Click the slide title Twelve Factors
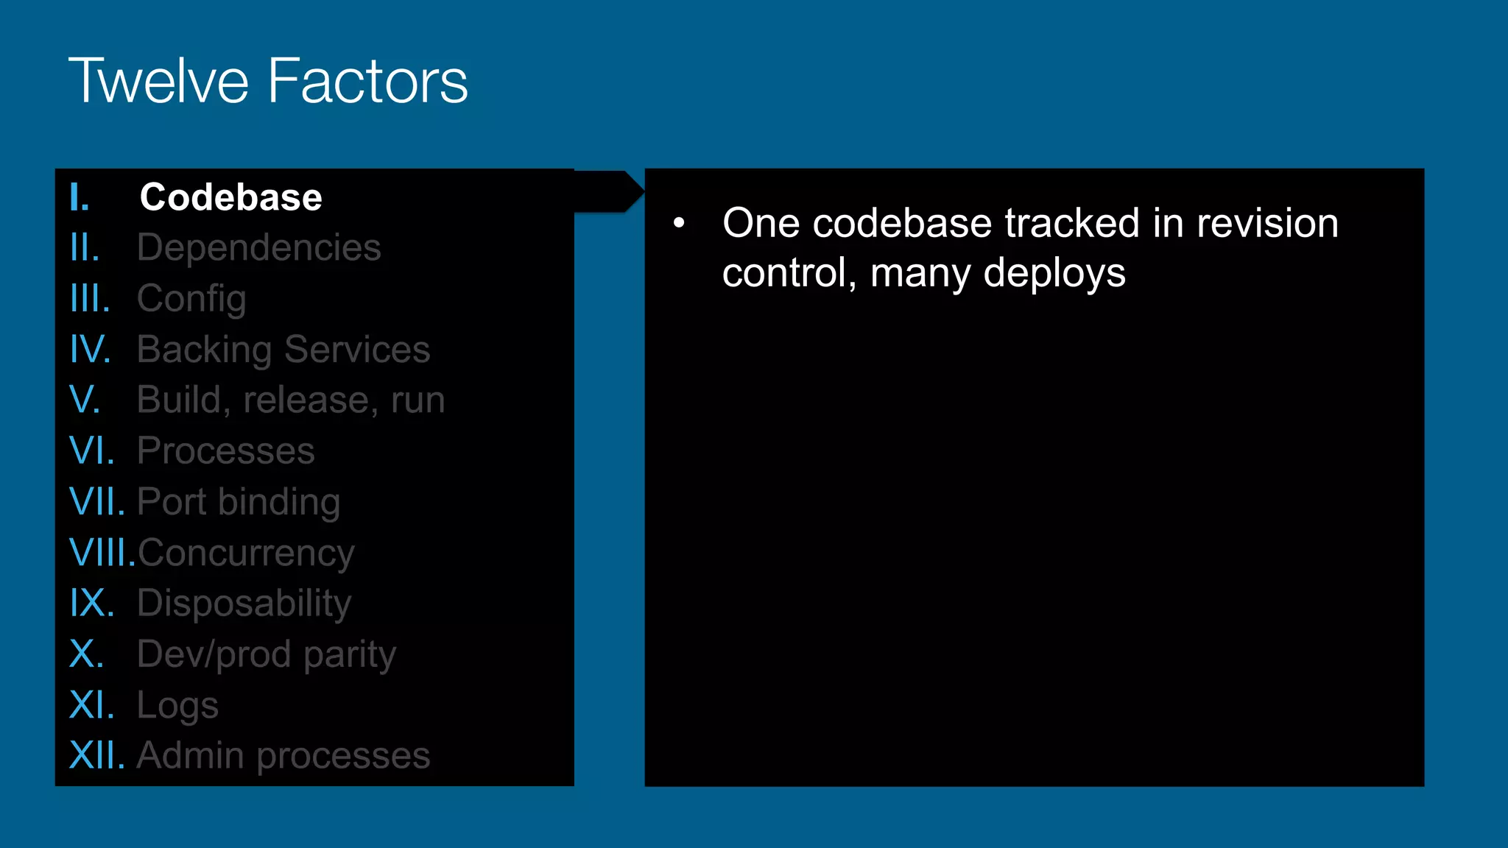pyautogui.click(x=268, y=81)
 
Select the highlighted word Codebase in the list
pyautogui.click(x=231, y=197)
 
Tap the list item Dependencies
pyautogui.click(x=259, y=247)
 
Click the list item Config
pyautogui.click(x=191, y=299)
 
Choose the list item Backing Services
pyautogui.click(x=283, y=350)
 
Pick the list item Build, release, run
pyautogui.click(x=291, y=400)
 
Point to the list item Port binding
pyautogui.click(x=239, y=502)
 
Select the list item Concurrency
pyautogui.click(x=246, y=553)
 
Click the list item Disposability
pyautogui.click(x=244, y=604)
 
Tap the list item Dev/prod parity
pyautogui.click(x=267, y=654)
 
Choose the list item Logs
pyautogui.click(x=177, y=705)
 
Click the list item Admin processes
pyautogui.click(x=283, y=756)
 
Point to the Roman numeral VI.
pyautogui.click(x=92, y=451)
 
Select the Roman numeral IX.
pyautogui.click(x=92, y=604)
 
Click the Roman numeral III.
pyautogui.click(x=90, y=299)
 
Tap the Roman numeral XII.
pyautogui.click(x=97, y=756)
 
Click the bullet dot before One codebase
pyautogui.click(x=679, y=222)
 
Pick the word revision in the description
pyautogui.click(x=1267, y=223)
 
